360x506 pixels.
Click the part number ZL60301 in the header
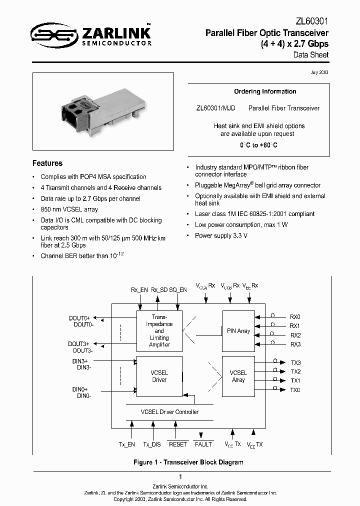click(x=310, y=21)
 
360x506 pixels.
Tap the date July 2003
click(x=319, y=72)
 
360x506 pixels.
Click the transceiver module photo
click(x=103, y=111)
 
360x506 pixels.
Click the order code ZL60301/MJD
click(x=216, y=108)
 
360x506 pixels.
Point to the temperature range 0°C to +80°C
click(x=258, y=145)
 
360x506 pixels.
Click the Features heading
click(x=47, y=163)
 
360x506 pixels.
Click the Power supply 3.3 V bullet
click(x=221, y=235)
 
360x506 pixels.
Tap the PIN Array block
click(x=238, y=331)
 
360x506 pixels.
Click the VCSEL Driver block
click(x=159, y=376)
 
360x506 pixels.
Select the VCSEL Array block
click(x=238, y=376)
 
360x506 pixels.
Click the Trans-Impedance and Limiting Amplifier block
click(x=159, y=331)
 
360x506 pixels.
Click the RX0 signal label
click(x=295, y=317)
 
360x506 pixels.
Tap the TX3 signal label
click(x=295, y=362)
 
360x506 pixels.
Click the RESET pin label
click(x=177, y=444)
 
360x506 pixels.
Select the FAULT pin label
click(x=203, y=444)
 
